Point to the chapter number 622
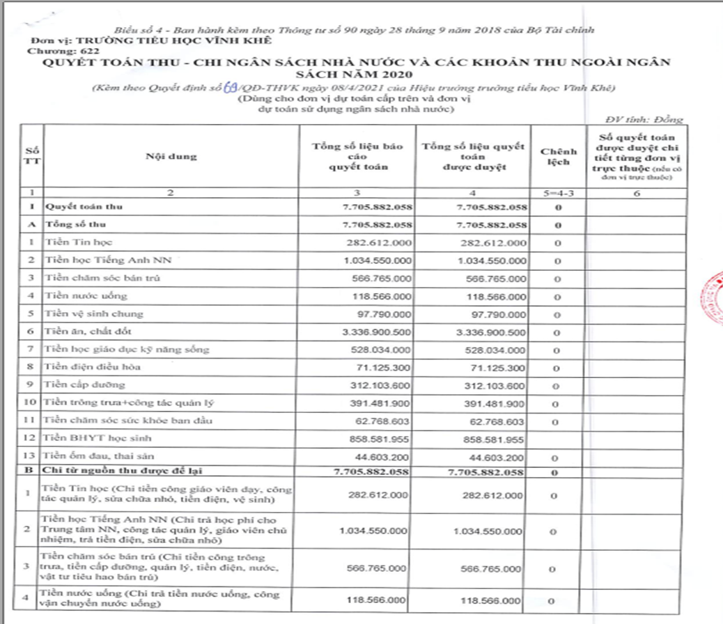(x=87, y=51)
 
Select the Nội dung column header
(x=171, y=156)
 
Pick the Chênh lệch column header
(x=559, y=157)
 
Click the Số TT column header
(x=32, y=156)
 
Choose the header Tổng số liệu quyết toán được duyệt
(x=473, y=157)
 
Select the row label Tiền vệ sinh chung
(x=93, y=313)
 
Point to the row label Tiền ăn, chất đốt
(x=86, y=331)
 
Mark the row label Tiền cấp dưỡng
(x=84, y=385)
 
